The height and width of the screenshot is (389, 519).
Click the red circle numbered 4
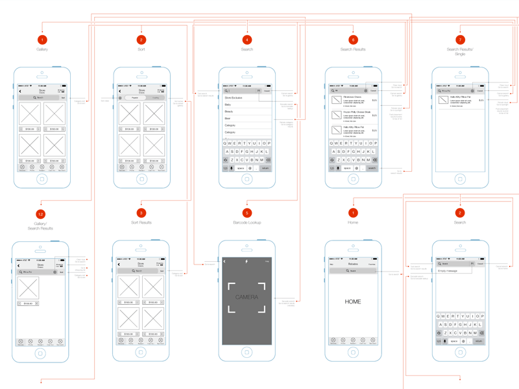click(x=247, y=40)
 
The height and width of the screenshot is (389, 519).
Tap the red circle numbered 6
click(x=353, y=40)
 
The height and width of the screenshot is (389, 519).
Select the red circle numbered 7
click(x=460, y=40)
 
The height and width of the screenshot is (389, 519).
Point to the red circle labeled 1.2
click(x=40, y=213)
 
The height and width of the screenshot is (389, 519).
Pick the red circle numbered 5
click(x=247, y=213)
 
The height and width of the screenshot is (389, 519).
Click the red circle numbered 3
click(x=141, y=213)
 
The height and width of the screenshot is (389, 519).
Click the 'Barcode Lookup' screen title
click(x=247, y=222)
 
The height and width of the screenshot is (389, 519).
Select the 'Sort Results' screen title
click(x=141, y=222)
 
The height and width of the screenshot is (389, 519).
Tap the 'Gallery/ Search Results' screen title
click(x=40, y=226)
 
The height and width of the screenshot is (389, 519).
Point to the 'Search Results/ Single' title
click(x=460, y=51)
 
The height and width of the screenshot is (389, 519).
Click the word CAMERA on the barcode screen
click(x=247, y=298)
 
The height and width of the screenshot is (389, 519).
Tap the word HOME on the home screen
click(x=353, y=301)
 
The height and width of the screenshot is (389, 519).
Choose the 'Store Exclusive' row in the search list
click(x=234, y=98)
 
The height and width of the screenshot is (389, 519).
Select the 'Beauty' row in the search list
click(x=229, y=112)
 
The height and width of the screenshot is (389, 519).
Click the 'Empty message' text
click(x=448, y=271)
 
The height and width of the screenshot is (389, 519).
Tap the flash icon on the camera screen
click(x=247, y=261)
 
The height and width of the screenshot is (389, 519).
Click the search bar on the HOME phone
click(x=353, y=271)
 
